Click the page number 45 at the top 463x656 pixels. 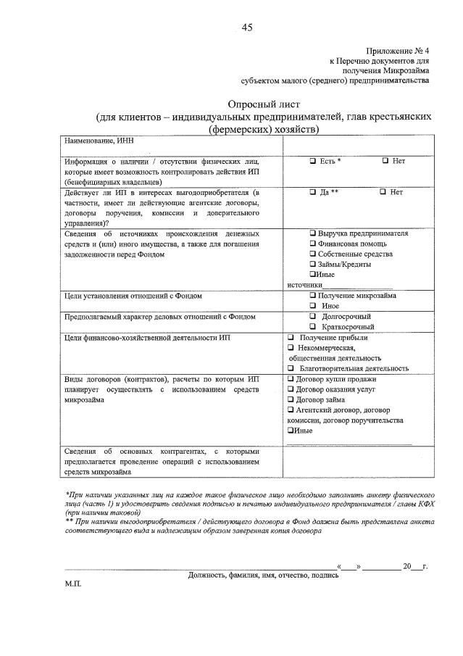247,28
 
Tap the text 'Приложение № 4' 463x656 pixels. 397,51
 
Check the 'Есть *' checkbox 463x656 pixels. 312,160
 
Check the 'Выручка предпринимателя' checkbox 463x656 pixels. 312,234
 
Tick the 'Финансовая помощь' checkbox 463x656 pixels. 312,244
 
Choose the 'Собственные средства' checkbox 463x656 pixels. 312,254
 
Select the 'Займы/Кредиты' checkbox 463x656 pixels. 312,265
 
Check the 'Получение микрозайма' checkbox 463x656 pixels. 312,296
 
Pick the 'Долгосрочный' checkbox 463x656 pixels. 312,317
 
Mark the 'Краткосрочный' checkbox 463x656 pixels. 312,328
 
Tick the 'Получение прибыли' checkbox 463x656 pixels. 290,338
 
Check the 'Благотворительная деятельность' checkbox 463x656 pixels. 290,368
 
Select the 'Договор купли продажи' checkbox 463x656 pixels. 290,379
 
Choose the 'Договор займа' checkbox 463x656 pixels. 290,399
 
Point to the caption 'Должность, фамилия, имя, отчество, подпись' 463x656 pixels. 263,575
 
